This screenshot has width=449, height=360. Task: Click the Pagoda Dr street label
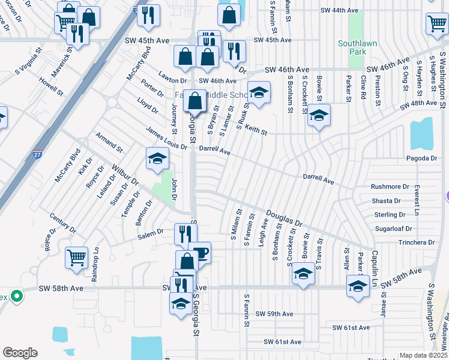pyautogui.click(x=421, y=158)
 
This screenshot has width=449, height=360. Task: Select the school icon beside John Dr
pyautogui.click(x=157, y=159)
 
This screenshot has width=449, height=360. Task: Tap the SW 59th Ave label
pyautogui.click(x=274, y=314)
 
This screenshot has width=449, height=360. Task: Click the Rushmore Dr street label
pyautogui.click(x=390, y=187)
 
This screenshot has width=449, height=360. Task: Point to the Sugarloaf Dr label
pyautogui.click(x=393, y=229)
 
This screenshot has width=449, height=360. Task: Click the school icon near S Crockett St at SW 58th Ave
pyautogui.click(x=304, y=275)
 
